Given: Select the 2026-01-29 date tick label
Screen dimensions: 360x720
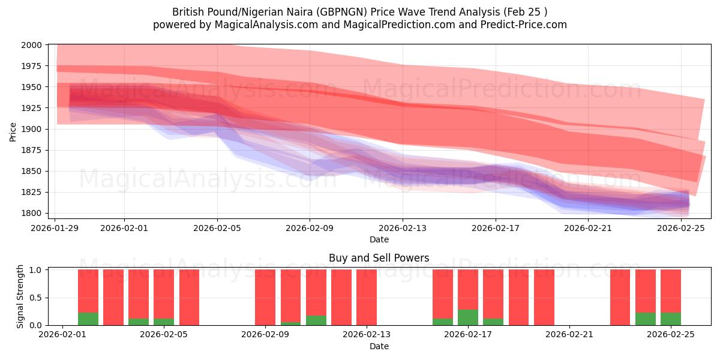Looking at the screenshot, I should (55, 227).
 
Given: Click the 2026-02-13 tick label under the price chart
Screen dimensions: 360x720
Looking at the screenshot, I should (403, 227).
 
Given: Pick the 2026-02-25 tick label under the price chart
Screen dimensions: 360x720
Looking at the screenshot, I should (681, 227).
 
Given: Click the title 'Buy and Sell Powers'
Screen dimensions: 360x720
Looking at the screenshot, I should (379, 259).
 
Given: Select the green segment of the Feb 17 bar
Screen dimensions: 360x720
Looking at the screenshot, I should (468, 317).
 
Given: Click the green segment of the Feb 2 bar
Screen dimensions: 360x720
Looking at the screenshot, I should (88, 319).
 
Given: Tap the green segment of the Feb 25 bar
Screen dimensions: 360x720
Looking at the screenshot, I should (671, 319).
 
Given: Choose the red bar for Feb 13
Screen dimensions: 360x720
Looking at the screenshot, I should (367, 297).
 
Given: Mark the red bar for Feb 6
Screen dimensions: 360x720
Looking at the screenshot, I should (189, 297).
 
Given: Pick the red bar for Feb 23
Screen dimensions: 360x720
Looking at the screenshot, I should (620, 297).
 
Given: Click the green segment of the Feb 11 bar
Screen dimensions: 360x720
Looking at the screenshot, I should (316, 320).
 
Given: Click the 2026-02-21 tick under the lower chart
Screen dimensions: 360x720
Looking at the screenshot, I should (569, 335).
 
